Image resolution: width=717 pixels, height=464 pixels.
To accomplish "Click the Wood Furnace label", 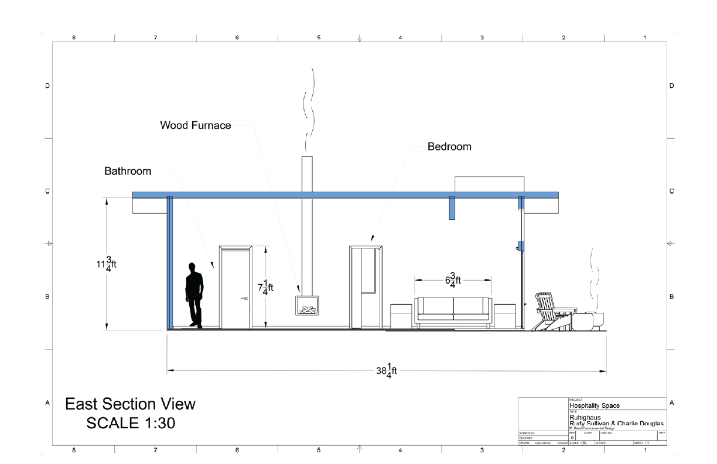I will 196,125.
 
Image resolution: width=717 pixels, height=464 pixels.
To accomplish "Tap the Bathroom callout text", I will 128,171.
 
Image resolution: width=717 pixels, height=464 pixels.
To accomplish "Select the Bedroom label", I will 449,146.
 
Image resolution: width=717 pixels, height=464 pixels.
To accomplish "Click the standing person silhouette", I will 194,295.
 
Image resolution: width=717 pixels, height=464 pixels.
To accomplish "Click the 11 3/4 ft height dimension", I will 107,264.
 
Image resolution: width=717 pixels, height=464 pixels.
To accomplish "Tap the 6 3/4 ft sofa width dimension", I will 453,280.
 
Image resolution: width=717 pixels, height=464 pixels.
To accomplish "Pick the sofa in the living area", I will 453,311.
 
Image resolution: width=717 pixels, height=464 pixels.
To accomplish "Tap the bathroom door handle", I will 244,299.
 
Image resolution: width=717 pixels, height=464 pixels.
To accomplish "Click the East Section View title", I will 130,404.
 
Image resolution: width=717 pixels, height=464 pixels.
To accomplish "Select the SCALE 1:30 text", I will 131,423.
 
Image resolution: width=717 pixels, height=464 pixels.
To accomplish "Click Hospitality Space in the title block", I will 594,405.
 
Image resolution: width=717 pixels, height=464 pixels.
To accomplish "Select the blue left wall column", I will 170,264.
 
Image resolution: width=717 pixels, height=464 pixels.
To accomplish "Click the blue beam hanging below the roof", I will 452,208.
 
